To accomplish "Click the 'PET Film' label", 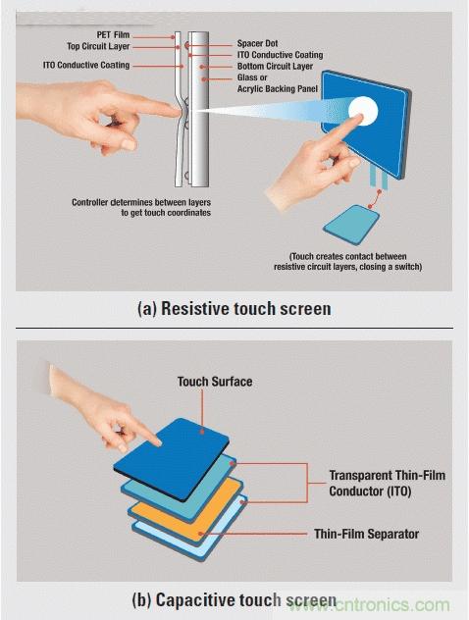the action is pos(113,35).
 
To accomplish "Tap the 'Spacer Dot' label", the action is pos(257,43).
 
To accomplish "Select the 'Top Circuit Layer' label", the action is pos(98,46).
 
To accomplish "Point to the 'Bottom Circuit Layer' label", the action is pos(275,66).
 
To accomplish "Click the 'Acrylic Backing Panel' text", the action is pos(278,88).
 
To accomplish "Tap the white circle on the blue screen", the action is pos(363,110).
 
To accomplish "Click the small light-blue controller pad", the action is pos(351,225).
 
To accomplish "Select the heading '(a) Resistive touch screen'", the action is pos(234,308).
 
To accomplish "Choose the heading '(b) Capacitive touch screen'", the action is pos(234,599).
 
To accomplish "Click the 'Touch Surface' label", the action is pos(215,382).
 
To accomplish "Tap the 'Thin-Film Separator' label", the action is pos(366,534).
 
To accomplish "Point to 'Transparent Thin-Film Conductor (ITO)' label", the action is pos(388,483).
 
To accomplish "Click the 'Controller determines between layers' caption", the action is pos(141,202).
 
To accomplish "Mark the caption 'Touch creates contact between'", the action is pos(348,256).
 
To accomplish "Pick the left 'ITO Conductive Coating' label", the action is pos(86,65).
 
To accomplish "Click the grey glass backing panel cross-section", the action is pos(200,109).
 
